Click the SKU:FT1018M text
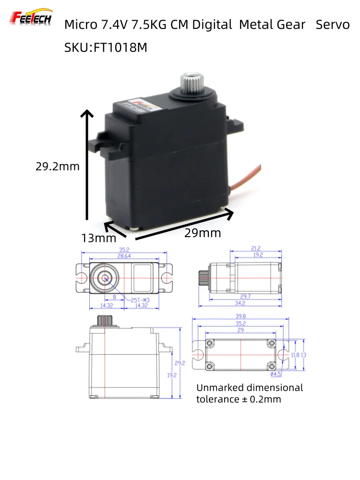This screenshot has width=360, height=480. point(106,48)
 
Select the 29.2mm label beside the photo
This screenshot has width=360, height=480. point(58,167)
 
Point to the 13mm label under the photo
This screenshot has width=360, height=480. point(99,238)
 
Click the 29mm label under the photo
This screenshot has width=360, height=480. point(203,233)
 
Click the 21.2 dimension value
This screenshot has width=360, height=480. point(255,248)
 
